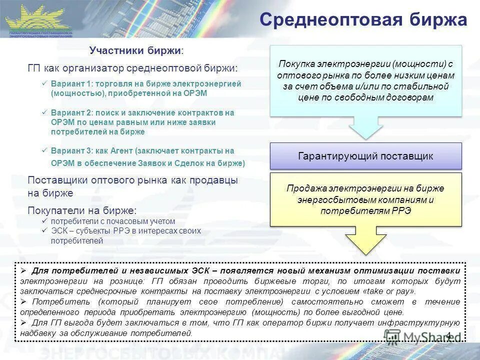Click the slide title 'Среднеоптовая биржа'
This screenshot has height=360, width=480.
pos(363,19)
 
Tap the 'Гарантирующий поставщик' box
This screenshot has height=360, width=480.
pos(366,156)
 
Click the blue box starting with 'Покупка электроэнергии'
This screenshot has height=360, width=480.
pos(366,80)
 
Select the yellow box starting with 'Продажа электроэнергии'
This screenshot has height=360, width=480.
pos(366,199)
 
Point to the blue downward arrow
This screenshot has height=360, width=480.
pos(366,128)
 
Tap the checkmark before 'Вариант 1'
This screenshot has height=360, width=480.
pos(44,84)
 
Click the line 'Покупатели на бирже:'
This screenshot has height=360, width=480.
pos(82,210)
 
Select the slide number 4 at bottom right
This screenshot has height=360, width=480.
pos(448,335)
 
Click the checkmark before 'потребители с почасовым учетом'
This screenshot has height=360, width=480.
pos(44,221)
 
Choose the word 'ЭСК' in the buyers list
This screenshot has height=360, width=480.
pos(58,231)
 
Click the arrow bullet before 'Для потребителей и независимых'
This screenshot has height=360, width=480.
pos(23,270)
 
